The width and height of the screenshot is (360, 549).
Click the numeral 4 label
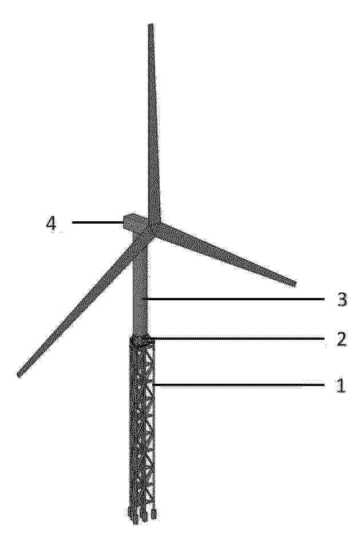(51, 224)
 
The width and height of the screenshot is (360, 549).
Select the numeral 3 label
(342, 300)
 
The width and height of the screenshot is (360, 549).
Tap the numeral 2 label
(342, 339)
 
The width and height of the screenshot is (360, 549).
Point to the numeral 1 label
(341, 385)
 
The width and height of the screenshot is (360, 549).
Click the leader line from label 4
(97, 222)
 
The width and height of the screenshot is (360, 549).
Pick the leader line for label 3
(235, 299)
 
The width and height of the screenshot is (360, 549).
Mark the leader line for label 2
(236, 339)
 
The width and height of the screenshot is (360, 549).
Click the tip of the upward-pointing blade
(151, 25)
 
